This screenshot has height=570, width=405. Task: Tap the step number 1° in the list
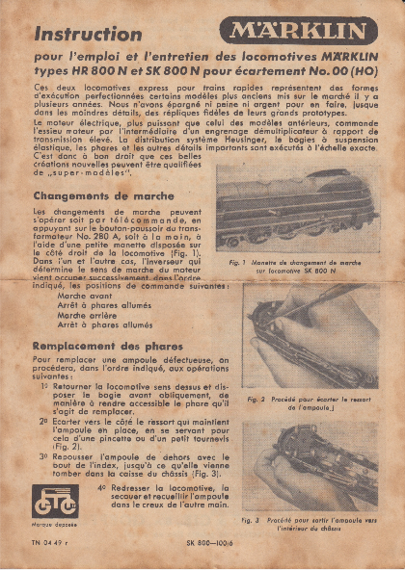pyautogui.click(x=45, y=384)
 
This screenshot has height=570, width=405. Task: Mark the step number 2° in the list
pyautogui.click(x=44, y=421)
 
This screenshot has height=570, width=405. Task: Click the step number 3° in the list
pyautogui.click(x=44, y=456)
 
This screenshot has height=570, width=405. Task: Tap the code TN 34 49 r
pyautogui.click(x=52, y=545)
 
